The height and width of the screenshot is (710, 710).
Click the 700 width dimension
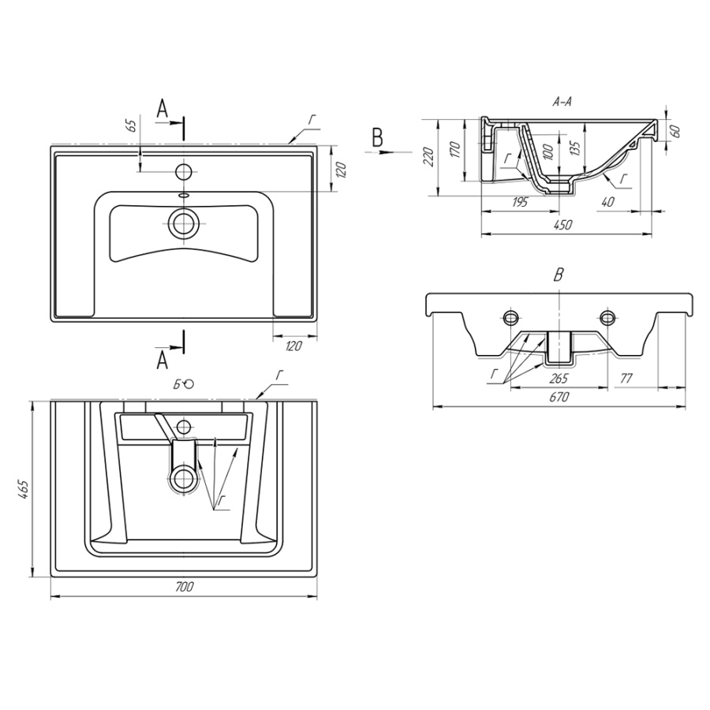click(185, 586)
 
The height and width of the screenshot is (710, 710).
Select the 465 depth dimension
click(24, 489)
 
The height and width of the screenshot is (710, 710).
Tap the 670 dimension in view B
click(559, 397)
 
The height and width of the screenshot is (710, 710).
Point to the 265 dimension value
click(559, 378)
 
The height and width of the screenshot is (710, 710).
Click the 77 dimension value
click(626, 378)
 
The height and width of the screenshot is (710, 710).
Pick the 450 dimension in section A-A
click(562, 225)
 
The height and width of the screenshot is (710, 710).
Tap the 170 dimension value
click(454, 149)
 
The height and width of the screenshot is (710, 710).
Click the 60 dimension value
click(675, 131)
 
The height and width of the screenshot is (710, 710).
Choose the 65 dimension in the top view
click(132, 125)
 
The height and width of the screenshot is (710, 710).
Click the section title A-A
click(562, 103)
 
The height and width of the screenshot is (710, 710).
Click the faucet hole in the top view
click(184, 172)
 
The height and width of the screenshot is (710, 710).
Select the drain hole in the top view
click(183, 224)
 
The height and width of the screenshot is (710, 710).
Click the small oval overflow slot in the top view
click(184, 195)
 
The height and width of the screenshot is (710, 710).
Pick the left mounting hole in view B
click(510, 317)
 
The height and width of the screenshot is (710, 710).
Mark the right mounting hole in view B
click(607, 317)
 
